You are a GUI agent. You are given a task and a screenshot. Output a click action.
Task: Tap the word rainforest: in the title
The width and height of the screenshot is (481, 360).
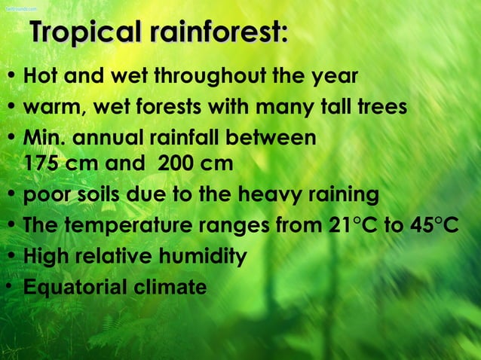(x=218, y=33)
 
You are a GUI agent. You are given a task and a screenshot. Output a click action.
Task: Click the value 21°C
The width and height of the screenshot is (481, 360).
(x=349, y=225)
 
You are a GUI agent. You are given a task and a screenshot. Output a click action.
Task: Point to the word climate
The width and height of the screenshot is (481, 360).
(x=170, y=287)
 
